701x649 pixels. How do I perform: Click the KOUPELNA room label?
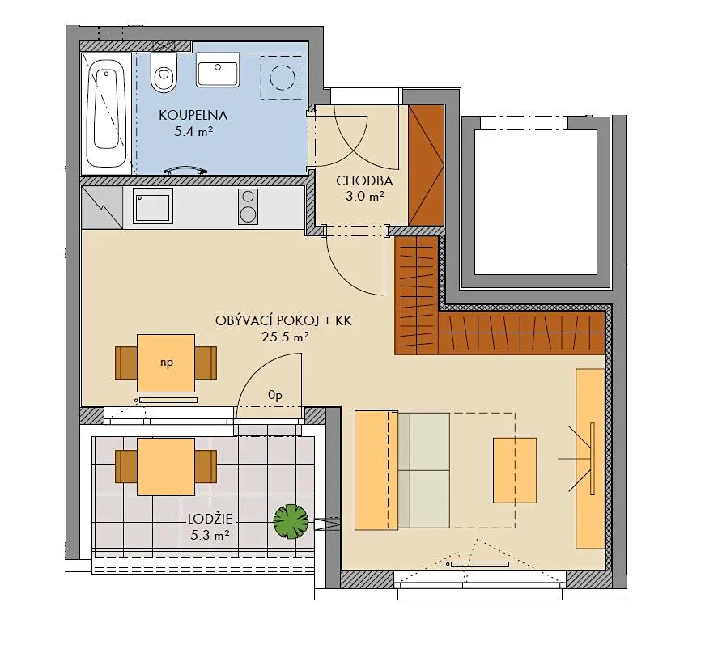pyautogui.click(x=193, y=116)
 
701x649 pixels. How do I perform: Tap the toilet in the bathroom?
pyautogui.click(x=163, y=73)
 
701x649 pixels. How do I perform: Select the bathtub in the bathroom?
pyautogui.click(x=106, y=113)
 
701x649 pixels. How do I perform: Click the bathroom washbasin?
pyautogui.click(x=218, y=70)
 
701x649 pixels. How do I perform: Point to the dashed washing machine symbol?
pyautogui.click(x=283, y=77)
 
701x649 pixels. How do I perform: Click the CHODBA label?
pyautogui.click(x=364, y=181)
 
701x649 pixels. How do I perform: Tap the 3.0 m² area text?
pyautogui.click(x=364, y=196)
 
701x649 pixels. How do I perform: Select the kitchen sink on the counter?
pyautogui.click(x=152, y=206)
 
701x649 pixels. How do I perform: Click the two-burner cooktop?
pyautogui.click(x=249, y=206)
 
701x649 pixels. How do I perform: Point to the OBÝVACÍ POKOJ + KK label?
pyautogui.click(x=283, y=321)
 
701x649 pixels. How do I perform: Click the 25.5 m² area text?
pyautogui.click(x=285, y=337)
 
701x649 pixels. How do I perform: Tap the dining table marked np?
pyautogui.click(x=166, y=363)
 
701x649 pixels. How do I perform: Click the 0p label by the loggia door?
pyautogui.click(x=275, y=395)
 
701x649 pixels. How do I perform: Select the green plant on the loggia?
pyautogui.click(x=291, y=522)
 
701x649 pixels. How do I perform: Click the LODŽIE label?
pyautogui.click(x=210, y=519)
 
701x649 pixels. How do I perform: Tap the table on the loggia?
pyautogui.click(x=166, y=467)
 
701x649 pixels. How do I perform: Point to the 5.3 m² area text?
pyautogui.click(x=210, y=535)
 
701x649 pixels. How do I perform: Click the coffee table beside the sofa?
pyautogui.click(x=515, y=470)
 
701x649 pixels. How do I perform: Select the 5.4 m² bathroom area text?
pyautogui.click(x=193, y=132)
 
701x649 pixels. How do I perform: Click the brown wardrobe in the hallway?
pyautogui.click(x=426, y=165)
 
